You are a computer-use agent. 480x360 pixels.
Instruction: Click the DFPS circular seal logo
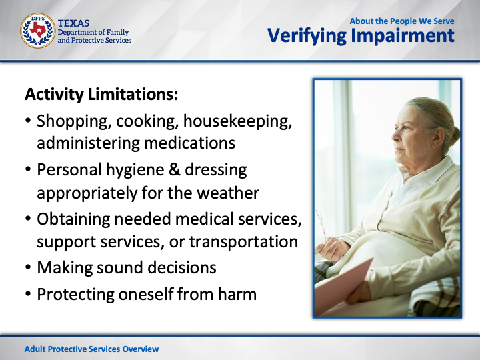click(37, 31)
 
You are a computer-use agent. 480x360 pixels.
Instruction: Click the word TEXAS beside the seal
click(73, 23)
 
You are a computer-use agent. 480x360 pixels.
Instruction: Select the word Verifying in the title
click(307, 36)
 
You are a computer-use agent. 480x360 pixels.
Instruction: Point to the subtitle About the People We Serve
click(402, 21)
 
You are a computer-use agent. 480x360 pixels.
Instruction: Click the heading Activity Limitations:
click(101, 94)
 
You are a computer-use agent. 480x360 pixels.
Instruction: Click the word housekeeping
click(237, 121)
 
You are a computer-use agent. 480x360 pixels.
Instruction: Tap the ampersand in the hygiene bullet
click(175, 169)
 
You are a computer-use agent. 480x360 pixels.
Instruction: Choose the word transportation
click(244, 242)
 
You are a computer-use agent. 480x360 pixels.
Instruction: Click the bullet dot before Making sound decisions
click(28, 267)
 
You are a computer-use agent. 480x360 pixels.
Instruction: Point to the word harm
click(237, 294)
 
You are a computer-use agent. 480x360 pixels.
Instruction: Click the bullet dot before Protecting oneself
click(28, 294)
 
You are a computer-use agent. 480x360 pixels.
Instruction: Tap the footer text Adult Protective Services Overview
click(91, 349)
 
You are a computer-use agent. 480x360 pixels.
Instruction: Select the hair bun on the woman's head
click(454, 135)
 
